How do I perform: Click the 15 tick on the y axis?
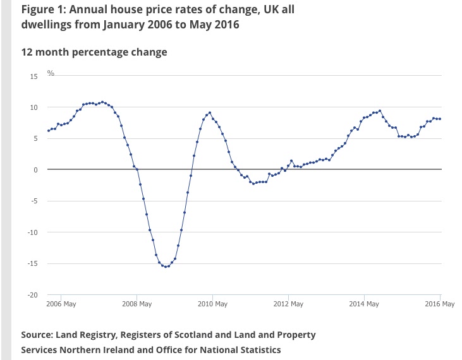point(33,76)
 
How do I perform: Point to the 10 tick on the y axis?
point(33,107)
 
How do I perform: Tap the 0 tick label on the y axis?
point(35,170)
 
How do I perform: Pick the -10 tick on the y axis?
point(32,232)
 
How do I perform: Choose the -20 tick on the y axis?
point(32,295)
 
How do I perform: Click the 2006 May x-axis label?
point(62,304)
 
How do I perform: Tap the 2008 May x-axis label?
point(137,304)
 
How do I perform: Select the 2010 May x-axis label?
point(213,304)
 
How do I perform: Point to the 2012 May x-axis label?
point(288,304)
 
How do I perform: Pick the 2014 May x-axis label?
point(364,304)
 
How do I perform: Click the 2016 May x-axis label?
point(439,304)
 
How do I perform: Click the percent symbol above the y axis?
point(51,74)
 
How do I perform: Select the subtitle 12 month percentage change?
point(94,52)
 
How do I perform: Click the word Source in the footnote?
point(37,335)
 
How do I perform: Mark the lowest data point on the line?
point(166,267)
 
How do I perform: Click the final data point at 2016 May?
point(440,119)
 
